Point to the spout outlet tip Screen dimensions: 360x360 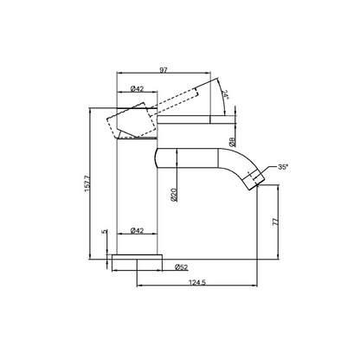point(254,179)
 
